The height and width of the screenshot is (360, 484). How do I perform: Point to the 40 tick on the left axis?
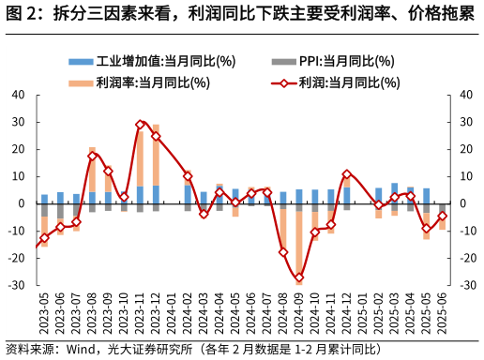[x=19, y=95]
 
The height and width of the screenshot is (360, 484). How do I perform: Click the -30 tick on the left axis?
[x=17, y=285]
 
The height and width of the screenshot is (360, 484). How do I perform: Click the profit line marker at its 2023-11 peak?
[x=140, y=124]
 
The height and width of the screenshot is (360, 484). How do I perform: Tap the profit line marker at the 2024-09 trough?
[x=299, y=277]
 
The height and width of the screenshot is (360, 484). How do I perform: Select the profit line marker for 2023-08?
[x=92, y=156]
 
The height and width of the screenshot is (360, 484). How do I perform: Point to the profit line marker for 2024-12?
[x=347, y=174]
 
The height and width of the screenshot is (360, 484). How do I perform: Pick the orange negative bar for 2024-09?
[x=299, y=244]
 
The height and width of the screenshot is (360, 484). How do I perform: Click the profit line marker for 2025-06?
[x=443, y=216]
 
